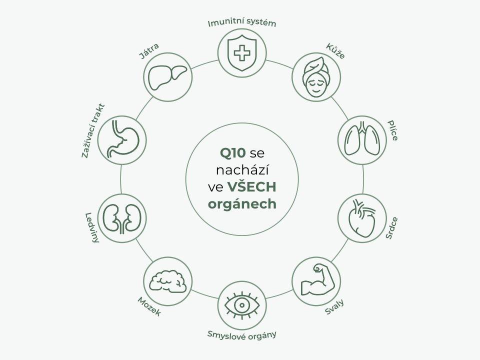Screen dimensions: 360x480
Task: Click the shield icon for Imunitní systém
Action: (242, 52)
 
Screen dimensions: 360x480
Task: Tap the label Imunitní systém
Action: (242, 23)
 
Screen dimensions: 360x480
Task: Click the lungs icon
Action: (362, 138)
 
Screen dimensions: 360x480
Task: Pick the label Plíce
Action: (393, 130)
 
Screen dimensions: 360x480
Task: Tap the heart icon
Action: (362, 218)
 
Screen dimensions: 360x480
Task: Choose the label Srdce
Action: (392, 228)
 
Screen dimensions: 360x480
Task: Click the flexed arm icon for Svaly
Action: (316, 280)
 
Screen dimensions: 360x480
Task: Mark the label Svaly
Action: (334, 307)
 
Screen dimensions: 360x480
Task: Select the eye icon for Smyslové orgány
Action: (242, 304)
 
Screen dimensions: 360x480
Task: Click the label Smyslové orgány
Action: (242, 334)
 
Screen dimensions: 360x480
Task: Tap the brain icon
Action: (167, 280)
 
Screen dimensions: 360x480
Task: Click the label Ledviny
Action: (92, 228)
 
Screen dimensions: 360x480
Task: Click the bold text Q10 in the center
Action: (233, 152)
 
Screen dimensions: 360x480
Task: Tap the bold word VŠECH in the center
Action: (252, 187)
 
